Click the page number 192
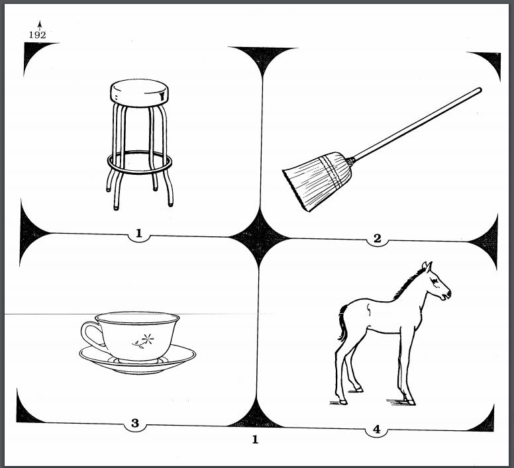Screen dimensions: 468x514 click(37, 35)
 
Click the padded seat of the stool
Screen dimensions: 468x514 click(138, 92)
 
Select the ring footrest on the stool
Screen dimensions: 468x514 click(140, 161)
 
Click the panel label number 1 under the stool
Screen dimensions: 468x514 click(139, 233)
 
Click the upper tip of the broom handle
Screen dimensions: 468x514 click(478, 91)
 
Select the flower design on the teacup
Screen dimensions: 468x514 click(144, 340)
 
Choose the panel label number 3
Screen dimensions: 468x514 click(135, 424)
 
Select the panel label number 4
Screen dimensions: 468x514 click(376, 430)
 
